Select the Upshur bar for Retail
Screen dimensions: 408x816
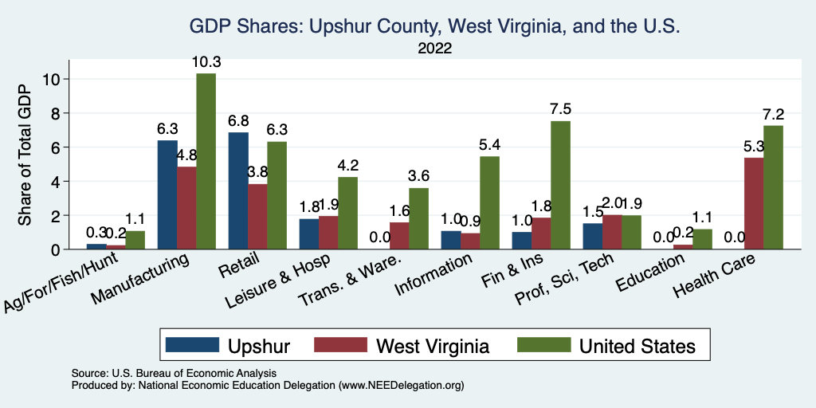click(237, 191)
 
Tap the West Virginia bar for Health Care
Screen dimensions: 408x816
click(753, 204)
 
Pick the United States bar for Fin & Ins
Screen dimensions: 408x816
click(560, 186)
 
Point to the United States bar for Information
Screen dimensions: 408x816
click(489, 203)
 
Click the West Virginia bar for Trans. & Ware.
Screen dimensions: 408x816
click(399, 236)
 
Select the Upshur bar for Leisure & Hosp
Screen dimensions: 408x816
click(308, 234)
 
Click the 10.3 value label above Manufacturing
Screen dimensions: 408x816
click(206, 62)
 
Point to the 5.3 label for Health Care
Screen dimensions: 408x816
click(753, 147)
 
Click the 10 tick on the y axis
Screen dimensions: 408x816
click(52, 79)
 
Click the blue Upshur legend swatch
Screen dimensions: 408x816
click(192, 346)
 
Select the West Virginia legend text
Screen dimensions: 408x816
click(433, 346)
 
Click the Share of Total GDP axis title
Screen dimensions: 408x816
click(25, 156)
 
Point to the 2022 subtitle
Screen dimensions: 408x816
click(434, 49)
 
